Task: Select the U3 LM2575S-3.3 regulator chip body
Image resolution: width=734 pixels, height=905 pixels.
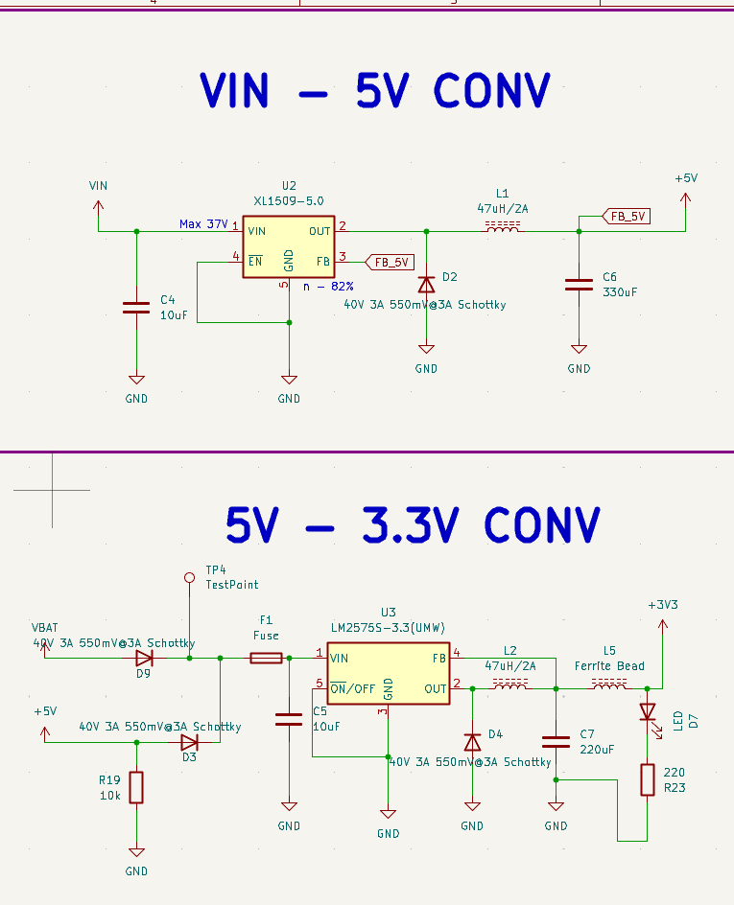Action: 388,674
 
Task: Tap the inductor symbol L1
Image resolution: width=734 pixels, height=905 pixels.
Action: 504,229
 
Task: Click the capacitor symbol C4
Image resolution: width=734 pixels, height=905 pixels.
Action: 136,308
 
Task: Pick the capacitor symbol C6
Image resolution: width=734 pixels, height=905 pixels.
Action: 579,284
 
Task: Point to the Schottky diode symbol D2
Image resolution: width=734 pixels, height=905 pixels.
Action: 426,285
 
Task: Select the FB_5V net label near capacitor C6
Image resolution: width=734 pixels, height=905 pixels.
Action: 626,217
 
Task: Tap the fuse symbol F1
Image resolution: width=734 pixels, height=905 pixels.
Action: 266,658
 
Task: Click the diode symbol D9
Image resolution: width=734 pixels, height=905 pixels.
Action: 144,658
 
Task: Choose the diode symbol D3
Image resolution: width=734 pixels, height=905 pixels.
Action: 189,742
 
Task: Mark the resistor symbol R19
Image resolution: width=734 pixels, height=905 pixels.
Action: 136,787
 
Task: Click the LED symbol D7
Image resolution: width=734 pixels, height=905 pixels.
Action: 648,712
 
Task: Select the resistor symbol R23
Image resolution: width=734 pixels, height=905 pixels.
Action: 648,779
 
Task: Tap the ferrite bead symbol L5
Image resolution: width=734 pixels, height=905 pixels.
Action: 608,685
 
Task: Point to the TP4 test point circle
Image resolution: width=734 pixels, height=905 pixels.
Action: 189,578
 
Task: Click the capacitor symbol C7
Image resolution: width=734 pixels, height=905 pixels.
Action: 556,741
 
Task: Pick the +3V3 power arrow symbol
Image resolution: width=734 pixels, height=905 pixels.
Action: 661,625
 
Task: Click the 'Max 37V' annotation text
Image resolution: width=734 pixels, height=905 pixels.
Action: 203,224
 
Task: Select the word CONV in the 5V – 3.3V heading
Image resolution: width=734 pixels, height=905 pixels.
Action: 542,525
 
